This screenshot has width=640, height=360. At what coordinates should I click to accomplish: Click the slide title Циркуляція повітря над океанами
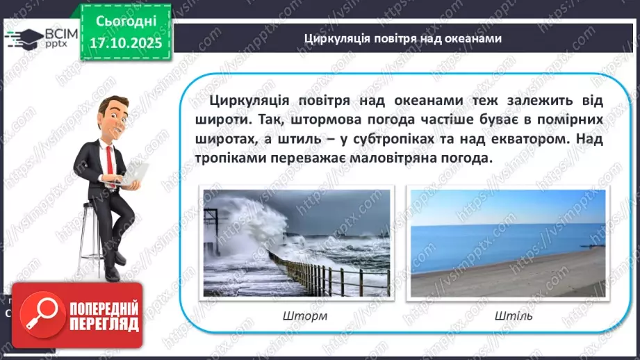[x=403, y=39]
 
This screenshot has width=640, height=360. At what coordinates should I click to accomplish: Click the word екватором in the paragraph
[x=514, y=139]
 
